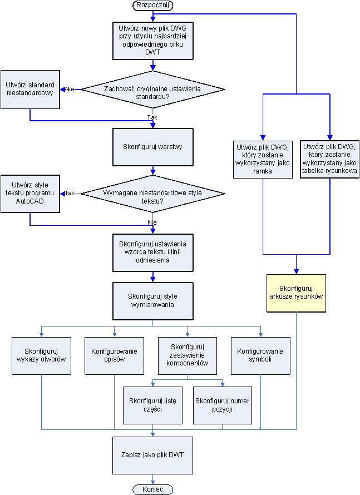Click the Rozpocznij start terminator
pyautogui.click(x=153, y=5)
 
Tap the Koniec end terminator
pyautogui.click(x=153, y=489)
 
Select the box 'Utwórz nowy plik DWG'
pyautogui.click(x=153, y=40)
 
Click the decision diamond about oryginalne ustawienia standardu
pyautogui.click(x=153, y=89)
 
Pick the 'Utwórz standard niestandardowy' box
pyautogui.click(x=30, y=89)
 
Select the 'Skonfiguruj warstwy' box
pyautogui.click(x=153, y=147)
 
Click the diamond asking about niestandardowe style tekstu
pyautogui.click(x=153, y=194)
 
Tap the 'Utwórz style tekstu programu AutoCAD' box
pyautogui.click(x=30, y=194)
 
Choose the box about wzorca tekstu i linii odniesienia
pyautogui.click(x=153, y=253)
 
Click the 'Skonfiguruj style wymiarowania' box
pyautogui.click(x=153, y=300)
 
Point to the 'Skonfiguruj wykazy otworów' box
pyautogui.click(x=42, y=355)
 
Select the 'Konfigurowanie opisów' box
pyautogui.click(x=114, y=355)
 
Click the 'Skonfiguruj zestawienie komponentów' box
pyautogui.click(x=187, y=355)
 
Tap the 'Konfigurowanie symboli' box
pyautogui.click(x=260, y=355)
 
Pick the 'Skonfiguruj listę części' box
pyautogui.click(x=152, y=405)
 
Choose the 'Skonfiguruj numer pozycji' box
pyautogui.click(x=222, y=405)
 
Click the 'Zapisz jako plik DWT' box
pyautogui.click(x=153, y=454)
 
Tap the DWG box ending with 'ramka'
pyautogui.click(x=263, y=159)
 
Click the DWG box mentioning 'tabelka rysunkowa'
pyautogui.click(x=330, y=159)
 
